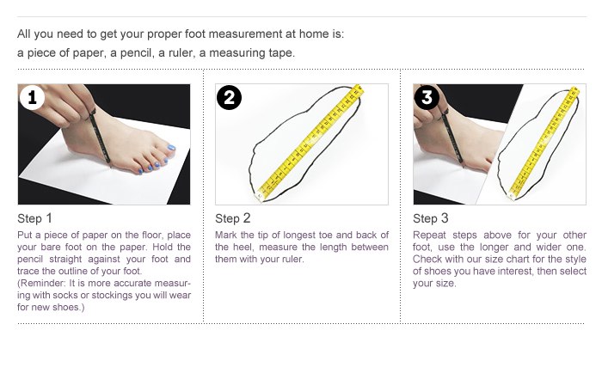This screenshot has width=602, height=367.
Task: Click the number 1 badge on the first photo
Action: click(x=33, y=97)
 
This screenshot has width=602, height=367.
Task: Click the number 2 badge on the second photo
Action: click(x=230, y=97)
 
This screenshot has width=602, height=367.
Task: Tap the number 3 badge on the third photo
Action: click(x=427, y=97)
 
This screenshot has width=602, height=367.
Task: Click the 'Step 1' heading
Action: click(x=34, y=218)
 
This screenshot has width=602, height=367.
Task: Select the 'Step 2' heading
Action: click(x=233, y=218)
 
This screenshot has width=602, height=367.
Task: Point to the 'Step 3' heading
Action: click(x=430, y=218)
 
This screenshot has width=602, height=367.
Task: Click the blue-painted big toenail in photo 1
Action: click(x=171, y=148)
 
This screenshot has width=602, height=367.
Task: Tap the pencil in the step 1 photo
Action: click(x=100, y=137)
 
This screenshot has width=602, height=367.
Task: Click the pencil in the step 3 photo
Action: click(x=452, y=138)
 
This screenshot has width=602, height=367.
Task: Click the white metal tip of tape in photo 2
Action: click(x=260, y=197)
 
